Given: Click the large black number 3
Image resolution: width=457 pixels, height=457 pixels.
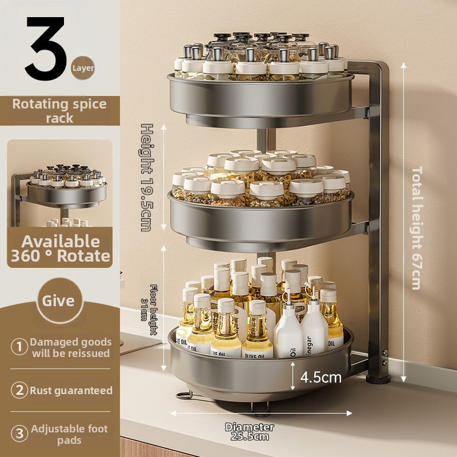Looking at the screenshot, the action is pos(45,49).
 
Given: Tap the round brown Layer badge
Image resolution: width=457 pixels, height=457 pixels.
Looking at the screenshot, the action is pos(83,68).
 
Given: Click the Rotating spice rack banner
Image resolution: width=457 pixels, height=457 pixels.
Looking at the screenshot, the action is pos(60,111).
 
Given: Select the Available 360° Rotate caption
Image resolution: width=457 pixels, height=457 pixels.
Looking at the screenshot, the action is pos(61,248).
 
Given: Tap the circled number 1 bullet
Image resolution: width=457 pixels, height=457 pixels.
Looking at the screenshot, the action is pos(19,347).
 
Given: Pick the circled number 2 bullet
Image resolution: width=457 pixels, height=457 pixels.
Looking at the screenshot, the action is pos(19,390).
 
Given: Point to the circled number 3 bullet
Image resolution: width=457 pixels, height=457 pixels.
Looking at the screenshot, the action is pos(19,434).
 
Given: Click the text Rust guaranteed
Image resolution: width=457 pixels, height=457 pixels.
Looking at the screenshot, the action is pos(71,390).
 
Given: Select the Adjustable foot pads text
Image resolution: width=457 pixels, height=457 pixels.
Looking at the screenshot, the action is pos(69,434).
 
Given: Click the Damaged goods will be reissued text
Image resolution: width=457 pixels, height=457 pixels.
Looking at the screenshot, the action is pos(71,347).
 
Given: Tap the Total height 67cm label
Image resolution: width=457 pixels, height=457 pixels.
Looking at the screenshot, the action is pos(417,228).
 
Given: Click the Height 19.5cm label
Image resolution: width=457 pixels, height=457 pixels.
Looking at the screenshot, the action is pos(147,178).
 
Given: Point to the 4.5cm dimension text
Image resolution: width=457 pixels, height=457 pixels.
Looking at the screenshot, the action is pos(320,378).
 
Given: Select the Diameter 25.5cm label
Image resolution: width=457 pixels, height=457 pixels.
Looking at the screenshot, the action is pos(250,432).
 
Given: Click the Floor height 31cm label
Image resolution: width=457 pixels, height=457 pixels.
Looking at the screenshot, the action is pos(149,310).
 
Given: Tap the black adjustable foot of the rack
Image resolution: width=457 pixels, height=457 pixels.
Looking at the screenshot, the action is pos(378,379).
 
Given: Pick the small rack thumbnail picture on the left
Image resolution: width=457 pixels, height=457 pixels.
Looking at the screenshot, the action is pos(60,183).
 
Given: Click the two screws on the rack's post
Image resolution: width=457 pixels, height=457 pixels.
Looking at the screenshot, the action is pos(385,358).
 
